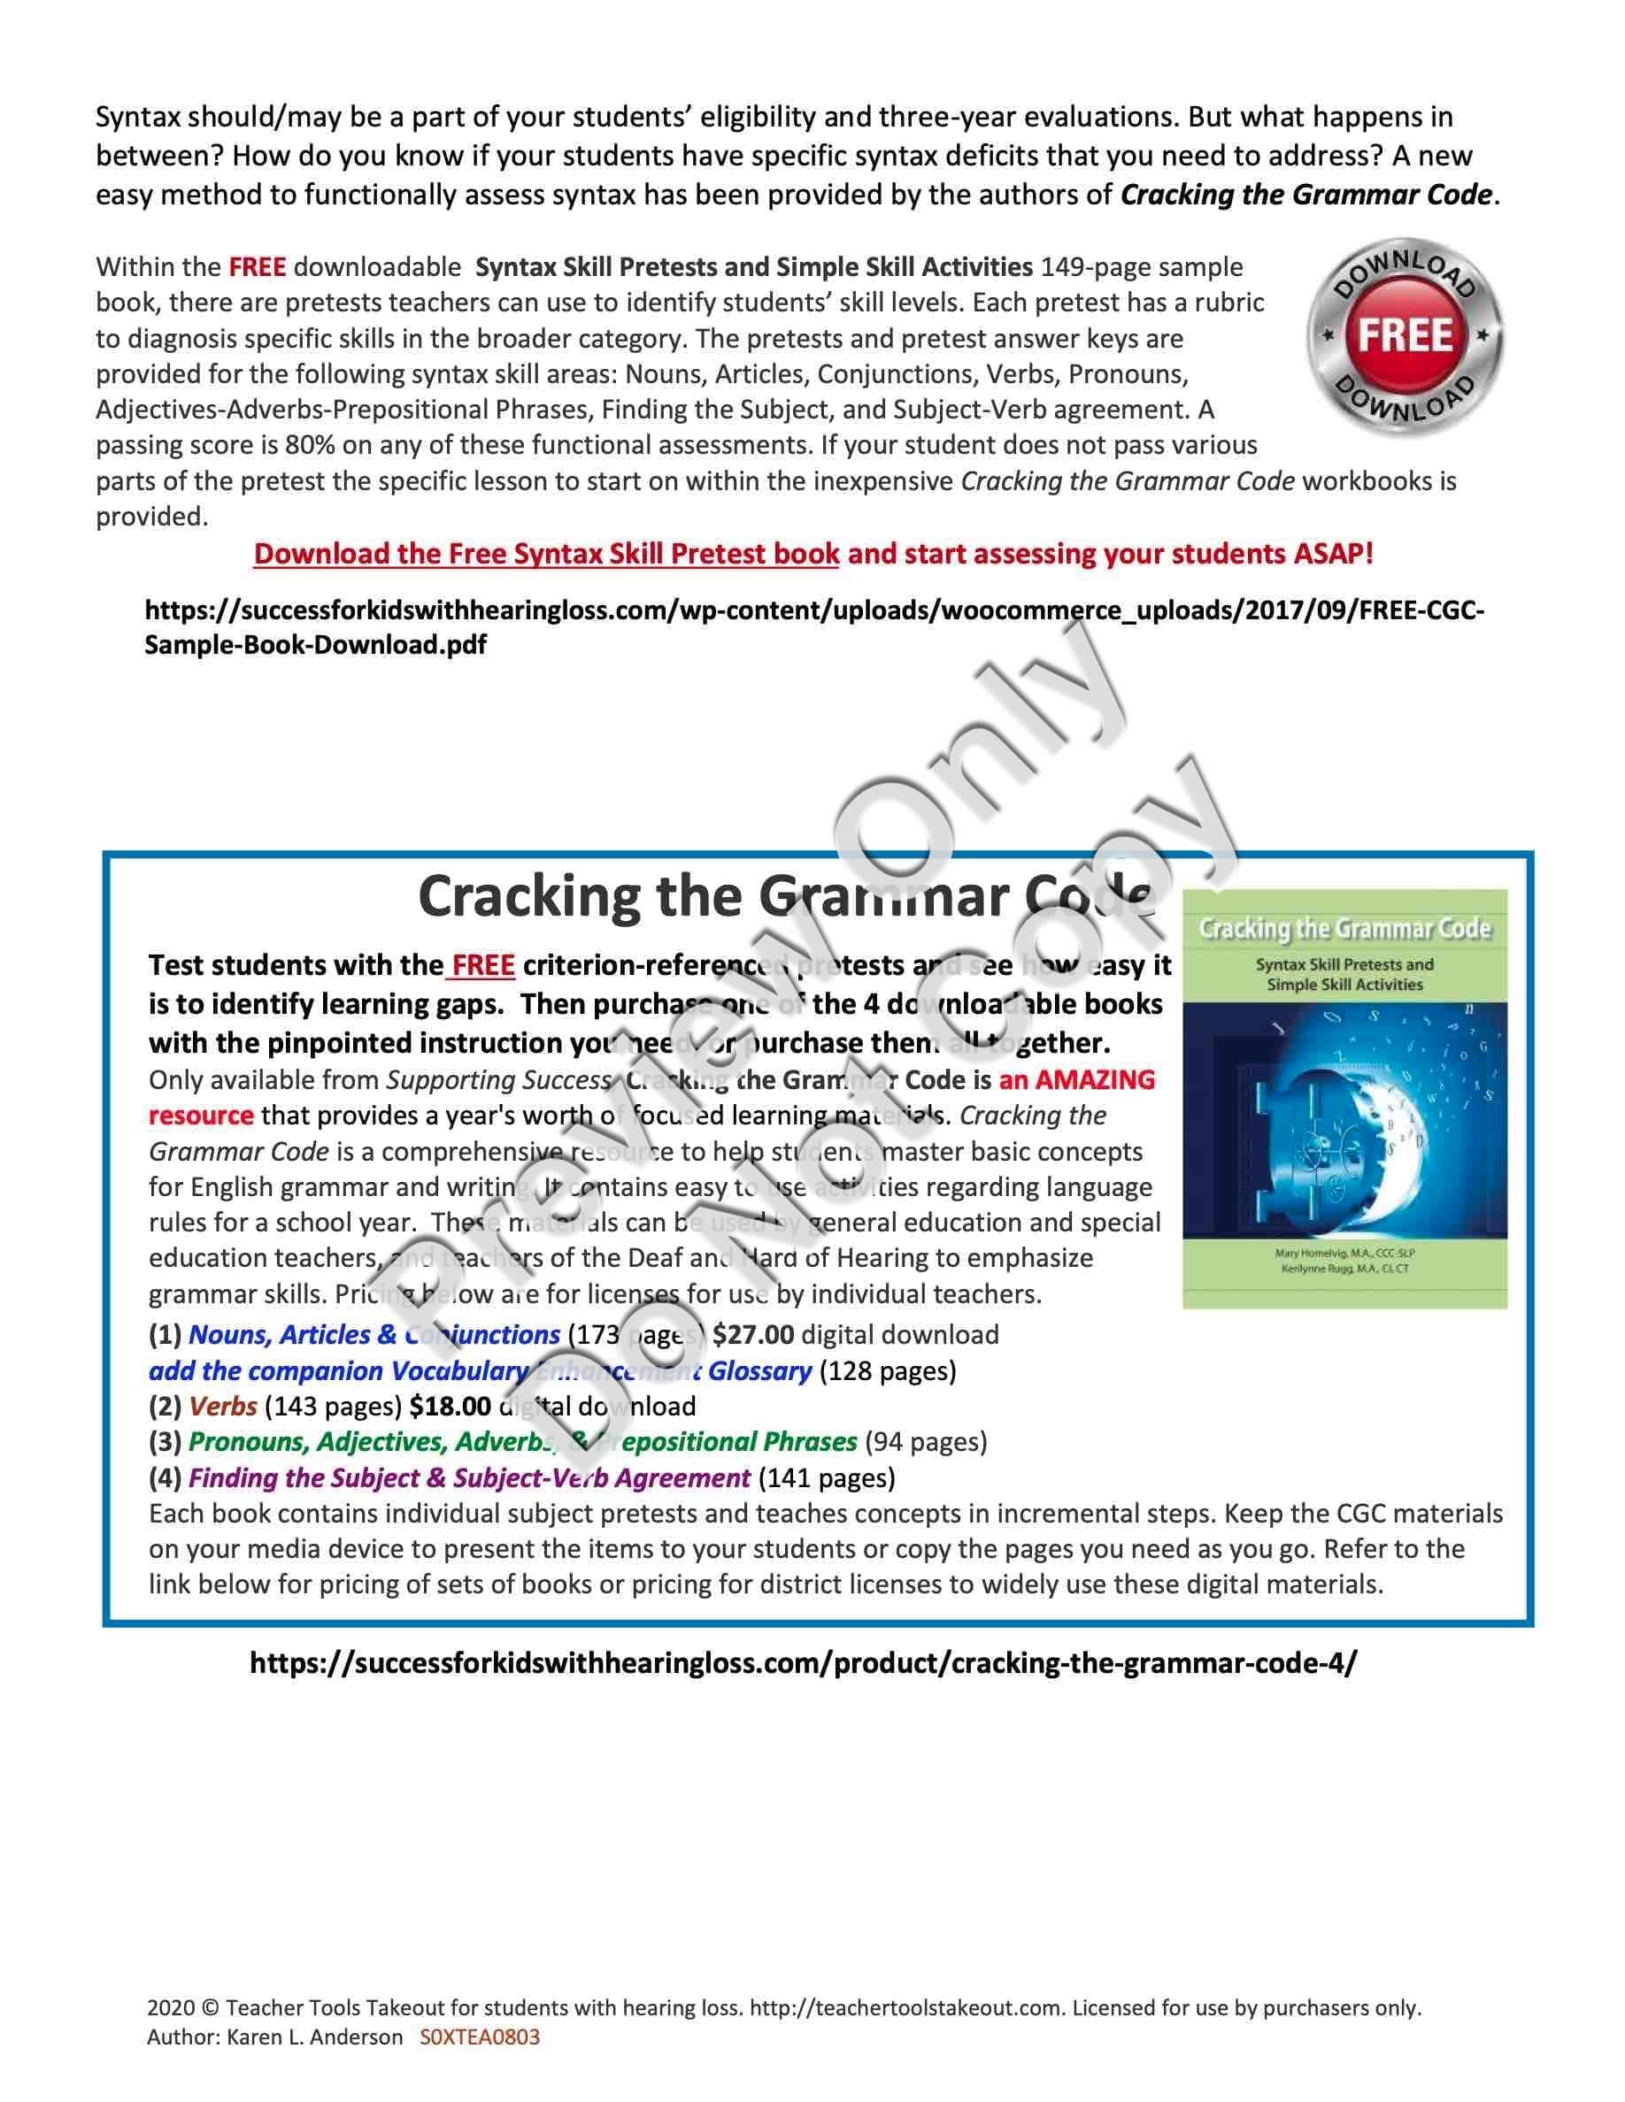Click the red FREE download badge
[x=1405, y=336]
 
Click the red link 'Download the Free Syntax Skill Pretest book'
[x=546, y=554]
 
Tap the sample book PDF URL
[x=813, y=627]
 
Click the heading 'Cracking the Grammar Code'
[x=784, y=896]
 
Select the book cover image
[x=1344, y=1098]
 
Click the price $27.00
[x=753, y=1335]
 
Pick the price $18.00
[x=450, y=1406]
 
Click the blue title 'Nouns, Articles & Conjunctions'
[x=374, y=1335]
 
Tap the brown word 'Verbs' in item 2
[x=222, y=1406]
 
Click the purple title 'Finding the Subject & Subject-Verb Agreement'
[x=468, y=1477]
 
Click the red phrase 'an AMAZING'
[x=1076, y=1080]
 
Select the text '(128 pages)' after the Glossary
[x=887, y=1370]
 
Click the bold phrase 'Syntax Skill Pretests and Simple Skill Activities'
[x=754, y=266]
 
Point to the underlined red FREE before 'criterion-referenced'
[x=482, y=964]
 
